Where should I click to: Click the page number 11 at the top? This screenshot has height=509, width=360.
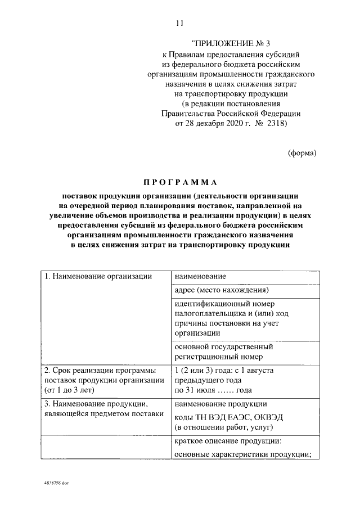click(x=179, y=23)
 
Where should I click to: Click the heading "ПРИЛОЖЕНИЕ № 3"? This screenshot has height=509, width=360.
click(x=231, y=43)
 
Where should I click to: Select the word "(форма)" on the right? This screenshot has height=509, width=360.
click(x=302, y=152)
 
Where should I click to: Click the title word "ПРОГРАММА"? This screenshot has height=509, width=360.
click(x=179, y=182)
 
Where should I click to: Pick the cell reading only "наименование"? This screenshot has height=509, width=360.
click(x=200, y=277)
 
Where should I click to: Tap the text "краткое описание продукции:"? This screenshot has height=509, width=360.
click(x=228, y=442)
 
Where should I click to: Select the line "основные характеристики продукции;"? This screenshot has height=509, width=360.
click(x=243, y=454)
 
